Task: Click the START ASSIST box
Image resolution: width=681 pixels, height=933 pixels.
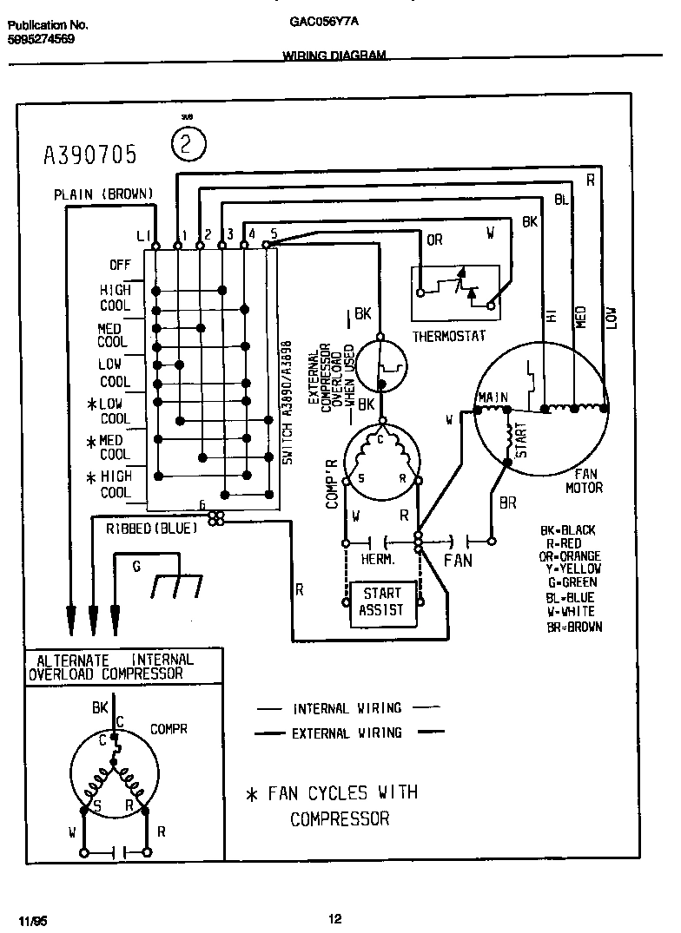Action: pos(381,601)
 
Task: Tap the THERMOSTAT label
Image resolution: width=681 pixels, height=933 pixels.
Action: pos(448,336)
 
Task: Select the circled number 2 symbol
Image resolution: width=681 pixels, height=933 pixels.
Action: pos(188,144)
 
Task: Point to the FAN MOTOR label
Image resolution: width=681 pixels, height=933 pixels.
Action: pos(584,482)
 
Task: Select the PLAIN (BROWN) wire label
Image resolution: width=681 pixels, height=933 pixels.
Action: pos(103,194)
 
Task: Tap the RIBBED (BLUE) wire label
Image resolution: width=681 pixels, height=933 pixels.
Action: pos(152,527)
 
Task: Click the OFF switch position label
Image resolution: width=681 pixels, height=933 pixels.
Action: pos(119,265)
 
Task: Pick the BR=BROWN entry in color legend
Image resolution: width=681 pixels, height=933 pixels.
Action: pos(571,627)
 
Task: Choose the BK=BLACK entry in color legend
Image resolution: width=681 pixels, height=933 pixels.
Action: pos(567,530)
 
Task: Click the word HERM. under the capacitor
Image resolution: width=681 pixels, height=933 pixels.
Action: pos(378,561)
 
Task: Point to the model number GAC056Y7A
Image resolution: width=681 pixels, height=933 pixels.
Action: pos(320,25)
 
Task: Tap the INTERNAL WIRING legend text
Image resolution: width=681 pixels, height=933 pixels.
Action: pos(347,708)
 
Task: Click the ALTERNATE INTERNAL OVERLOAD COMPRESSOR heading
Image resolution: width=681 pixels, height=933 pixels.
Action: pos(110,666)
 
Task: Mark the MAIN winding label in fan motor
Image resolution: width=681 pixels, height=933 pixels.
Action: pos(492,398)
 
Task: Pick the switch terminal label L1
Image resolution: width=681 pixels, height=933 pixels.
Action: pos(143,235)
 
